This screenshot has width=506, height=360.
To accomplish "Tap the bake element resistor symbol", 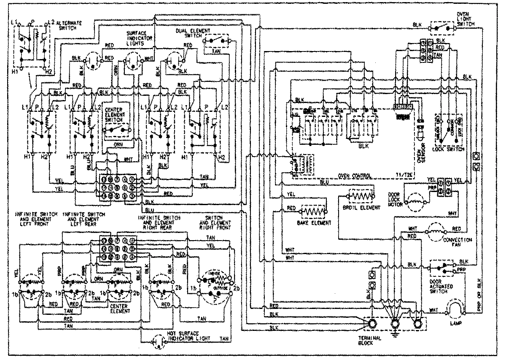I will [x=313, y=211].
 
